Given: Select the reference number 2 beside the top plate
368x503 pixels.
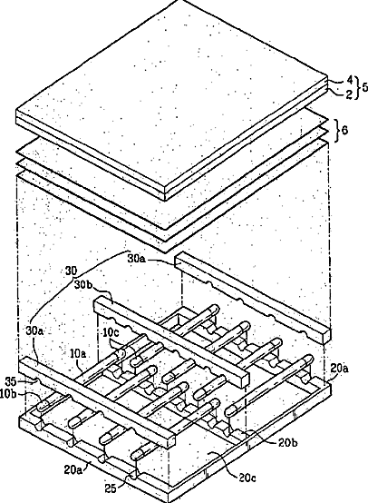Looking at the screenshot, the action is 349,94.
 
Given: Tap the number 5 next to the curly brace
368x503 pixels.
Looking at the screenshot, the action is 364,87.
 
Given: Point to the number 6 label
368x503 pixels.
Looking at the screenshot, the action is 345,131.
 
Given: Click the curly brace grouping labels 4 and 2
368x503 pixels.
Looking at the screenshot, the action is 356,87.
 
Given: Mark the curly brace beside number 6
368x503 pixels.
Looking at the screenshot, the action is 337,131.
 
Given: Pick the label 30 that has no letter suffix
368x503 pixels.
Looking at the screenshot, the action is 72,271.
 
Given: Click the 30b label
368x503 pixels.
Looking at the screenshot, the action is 84,284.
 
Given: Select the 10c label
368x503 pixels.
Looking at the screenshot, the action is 111,332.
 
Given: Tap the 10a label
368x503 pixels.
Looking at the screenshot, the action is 79,354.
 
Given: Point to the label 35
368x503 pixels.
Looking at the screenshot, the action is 12,381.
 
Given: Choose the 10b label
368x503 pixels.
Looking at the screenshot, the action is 8,394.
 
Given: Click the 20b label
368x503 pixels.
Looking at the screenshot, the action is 288,443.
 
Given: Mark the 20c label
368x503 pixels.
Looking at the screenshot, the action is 247,478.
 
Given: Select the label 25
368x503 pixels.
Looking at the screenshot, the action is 111,488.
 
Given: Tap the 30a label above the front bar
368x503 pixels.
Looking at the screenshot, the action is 34,331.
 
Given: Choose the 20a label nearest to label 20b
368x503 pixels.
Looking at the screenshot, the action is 340,369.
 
